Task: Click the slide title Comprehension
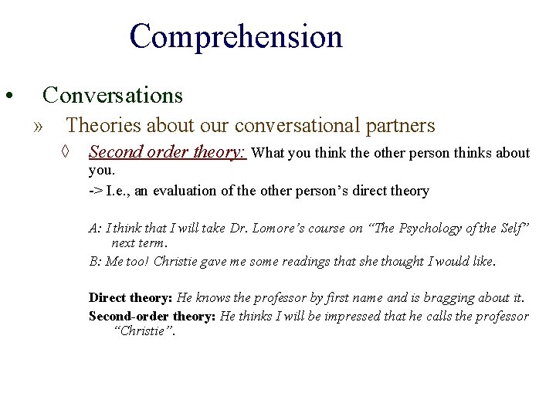pyautogui.click(x=236, y=37)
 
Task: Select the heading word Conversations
pyautogui.click(x=113, y=95)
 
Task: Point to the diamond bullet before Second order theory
pyautogui.click(x=68, y=153)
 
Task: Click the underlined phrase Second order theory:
pyautogui.click(x=168, y=152)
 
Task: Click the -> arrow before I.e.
pyautogui.click(x=96, y=191)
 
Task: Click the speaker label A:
pyautogui.click(x=95, y=228)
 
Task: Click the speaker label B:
pyautogui.click(x=95, y=261)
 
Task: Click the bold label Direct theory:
pyautogui.click(x=131, y=297)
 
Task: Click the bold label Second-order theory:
pyautogui.click(x=152, y=316)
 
